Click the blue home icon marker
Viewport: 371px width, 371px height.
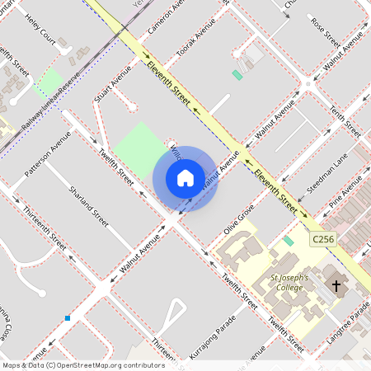pyautogui.click(x=185, y=177)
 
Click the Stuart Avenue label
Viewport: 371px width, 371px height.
pyautogui.click(x=113, y=84)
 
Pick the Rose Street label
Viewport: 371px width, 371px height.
pyautogui.click(x=325, y=31)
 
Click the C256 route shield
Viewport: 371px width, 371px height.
pyautogui.click(x=324, y=239)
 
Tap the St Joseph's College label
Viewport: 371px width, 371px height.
pyautogui.click(x=289, y=283)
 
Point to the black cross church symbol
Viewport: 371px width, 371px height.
pyautogui.click(x=336, y=286)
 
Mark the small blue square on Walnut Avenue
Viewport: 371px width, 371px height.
pyautogui.click(x=68, y=318)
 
